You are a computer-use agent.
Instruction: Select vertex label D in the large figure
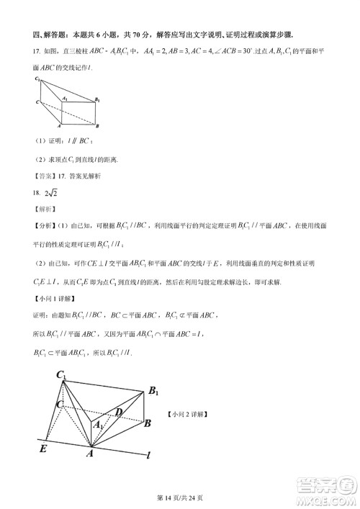coord(119,412)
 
